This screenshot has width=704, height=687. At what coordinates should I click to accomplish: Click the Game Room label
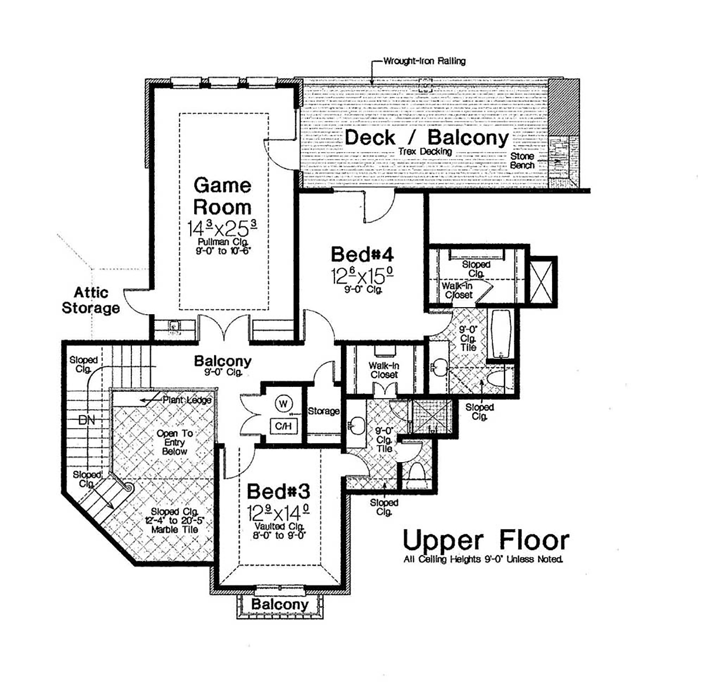222,196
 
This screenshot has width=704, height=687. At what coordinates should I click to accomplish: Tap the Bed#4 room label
362,254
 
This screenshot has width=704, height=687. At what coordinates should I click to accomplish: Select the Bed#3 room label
277,491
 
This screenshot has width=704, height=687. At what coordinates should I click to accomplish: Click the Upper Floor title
485,540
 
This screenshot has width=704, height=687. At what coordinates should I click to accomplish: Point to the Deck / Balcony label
427,137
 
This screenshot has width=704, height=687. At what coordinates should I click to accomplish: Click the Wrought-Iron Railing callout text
424,60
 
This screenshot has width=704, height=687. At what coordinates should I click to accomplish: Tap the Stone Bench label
522,161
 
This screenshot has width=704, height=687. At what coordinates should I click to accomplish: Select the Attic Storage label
91,299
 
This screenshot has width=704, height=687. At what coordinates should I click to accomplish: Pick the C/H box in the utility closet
283,426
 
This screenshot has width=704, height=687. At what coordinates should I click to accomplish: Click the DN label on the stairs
87,420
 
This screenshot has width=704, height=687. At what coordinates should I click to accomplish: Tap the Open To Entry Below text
174,442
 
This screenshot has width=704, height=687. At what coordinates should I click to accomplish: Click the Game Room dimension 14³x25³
222,228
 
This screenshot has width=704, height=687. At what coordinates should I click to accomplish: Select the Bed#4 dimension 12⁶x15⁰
362,275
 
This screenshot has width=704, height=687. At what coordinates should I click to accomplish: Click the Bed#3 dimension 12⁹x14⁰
278,513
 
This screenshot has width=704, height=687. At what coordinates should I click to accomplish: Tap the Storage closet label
323,411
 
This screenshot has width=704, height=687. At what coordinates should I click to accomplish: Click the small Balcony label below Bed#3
280,604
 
